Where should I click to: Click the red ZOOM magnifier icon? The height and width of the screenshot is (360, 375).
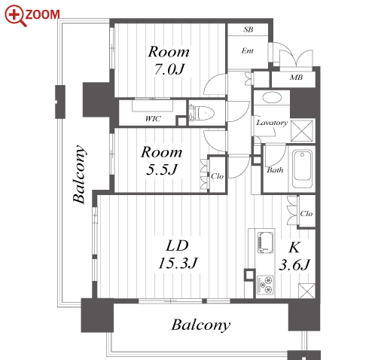coord(15,15)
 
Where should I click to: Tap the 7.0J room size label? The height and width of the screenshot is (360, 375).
coord(169,69)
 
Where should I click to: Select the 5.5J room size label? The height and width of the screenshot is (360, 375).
coord(162,169)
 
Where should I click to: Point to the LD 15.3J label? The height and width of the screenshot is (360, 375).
coord(178,255)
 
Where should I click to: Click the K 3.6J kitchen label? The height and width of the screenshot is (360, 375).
coord(294,256)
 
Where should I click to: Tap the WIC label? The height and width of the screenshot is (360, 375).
coord(153,118)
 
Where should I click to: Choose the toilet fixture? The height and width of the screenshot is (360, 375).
coord(201,112)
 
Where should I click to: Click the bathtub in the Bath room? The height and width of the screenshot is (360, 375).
coord(303,169)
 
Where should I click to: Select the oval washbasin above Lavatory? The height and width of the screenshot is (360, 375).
coord(272,98)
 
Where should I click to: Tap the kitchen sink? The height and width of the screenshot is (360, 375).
coord(266,243)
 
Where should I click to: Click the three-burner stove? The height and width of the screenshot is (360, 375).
coord(265,285)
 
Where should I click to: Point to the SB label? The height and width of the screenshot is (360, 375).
coord(248,29)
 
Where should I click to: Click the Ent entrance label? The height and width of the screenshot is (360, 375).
coord(248,50)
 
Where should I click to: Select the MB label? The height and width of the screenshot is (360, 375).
coord(296,78)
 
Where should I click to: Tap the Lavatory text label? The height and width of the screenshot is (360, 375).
coord(272,123)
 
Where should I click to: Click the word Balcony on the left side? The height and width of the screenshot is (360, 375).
coord(79,174)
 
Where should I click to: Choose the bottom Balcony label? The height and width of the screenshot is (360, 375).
coord(201,325)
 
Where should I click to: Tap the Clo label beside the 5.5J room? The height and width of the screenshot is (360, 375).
coord(217,176)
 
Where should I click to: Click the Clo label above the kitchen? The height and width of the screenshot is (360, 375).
coord(306,214)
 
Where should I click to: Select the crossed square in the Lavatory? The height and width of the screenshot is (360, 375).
coord(302,130)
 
